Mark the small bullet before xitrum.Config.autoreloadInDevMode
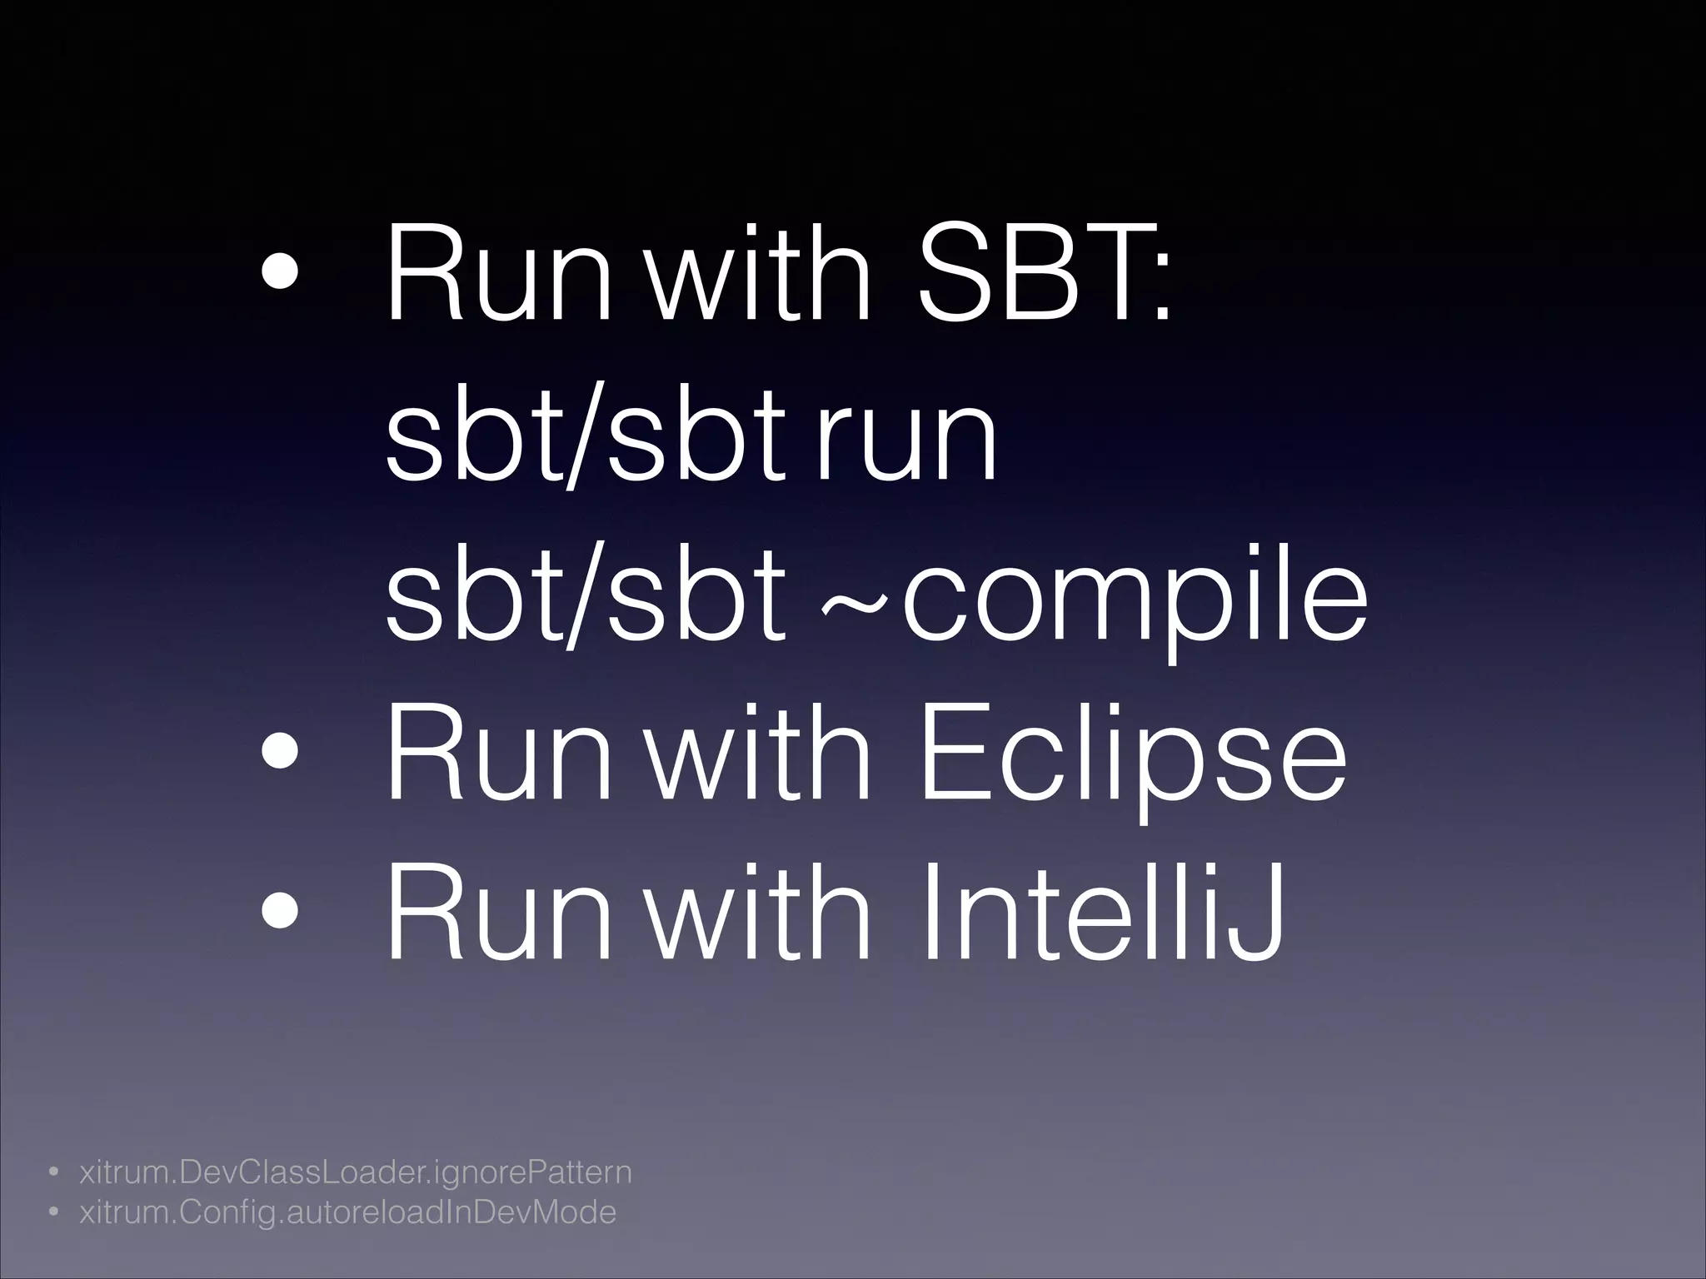[52, 1213]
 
